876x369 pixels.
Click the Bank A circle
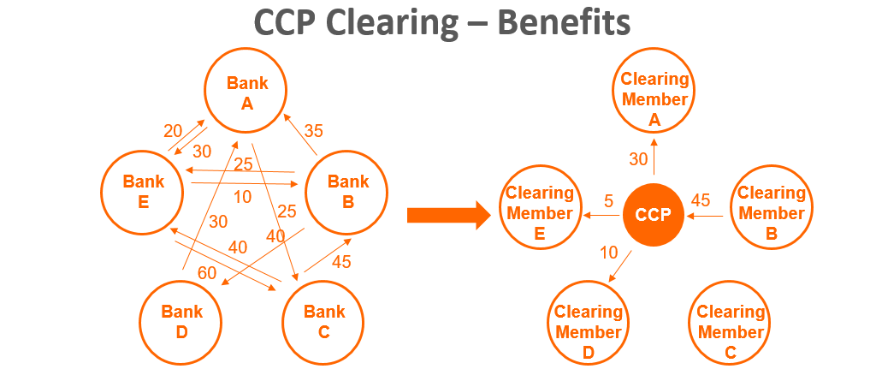(x=246, y=92)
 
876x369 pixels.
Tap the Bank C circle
(x=324, y=321)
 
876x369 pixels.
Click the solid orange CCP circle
(x=653, y=215)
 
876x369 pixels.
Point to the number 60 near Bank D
(x=207, y=274)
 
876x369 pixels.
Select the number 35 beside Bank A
(x=313, y=131)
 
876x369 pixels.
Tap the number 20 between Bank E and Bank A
(x=173, y=131)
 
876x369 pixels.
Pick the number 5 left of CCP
(x=608, y=202)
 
